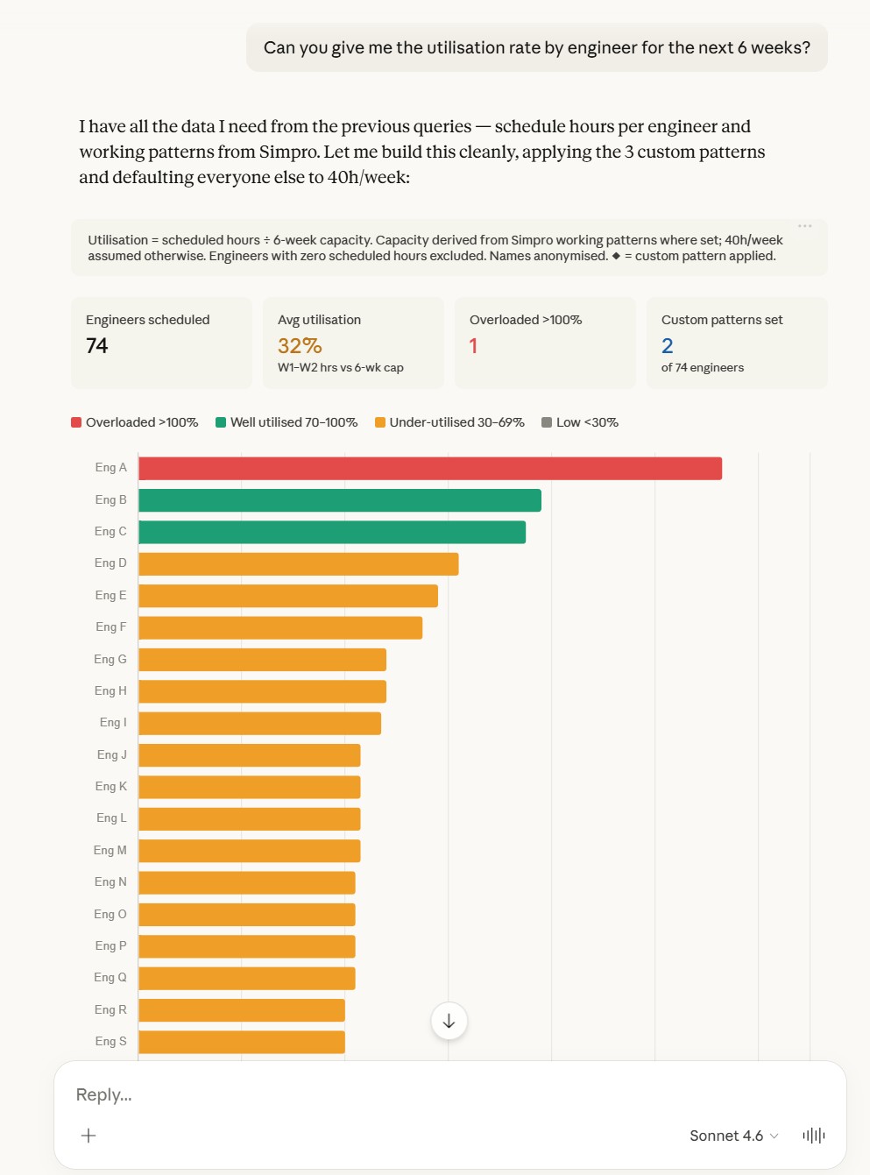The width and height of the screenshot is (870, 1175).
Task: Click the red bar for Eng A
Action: pyautogui.click(x=430, y=468)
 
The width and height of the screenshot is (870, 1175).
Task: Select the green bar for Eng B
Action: pyautogui.click(x=340, y=500)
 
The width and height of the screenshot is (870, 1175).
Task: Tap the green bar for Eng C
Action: pyautogui.click(x=332, y=532)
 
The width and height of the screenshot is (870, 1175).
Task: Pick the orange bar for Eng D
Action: pyautogui.click(x=299, y=563)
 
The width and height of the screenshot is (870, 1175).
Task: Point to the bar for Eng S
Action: pyautogui.click(x=242, y=1042)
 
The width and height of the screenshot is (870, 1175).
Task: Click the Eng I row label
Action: pyautogui.click(x=113, y=723)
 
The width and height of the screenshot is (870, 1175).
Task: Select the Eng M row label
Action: pyautogui.click(x=110, y=850)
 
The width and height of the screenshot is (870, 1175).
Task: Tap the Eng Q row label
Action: pyautogui.click(x=110, y=977)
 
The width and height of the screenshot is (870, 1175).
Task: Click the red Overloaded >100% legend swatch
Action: pyautogui.click(x=76, y=422)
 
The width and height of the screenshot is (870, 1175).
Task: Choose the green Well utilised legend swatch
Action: pyautogui.click(x=221, y=422)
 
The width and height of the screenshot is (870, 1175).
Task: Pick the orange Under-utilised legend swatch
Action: pyautogui.click(x=380, y=422)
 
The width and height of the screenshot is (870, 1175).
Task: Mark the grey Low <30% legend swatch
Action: pyautogui.click(x=547, y=422)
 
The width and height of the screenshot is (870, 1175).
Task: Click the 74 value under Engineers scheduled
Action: pyautogui.click(x=97, y=346)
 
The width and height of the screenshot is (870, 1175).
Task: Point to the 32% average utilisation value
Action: pyautogui.click(x=300, y=346)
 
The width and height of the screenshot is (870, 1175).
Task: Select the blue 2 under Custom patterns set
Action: pyautogui.click(x=667, y=346)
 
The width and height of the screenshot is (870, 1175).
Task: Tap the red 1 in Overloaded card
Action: pyautogui.click(x=473, y=346)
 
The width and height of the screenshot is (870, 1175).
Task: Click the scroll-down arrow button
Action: pyautogui.click(x=449, y=1021)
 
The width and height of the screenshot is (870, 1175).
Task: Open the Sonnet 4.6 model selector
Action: pyautogui.click(x=734, y=1136)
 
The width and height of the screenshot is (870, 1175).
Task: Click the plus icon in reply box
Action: pyautogui.click(x=88, y=1136)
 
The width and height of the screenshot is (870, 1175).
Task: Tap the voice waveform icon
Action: pyautogui.click(x=814, y=1136)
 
